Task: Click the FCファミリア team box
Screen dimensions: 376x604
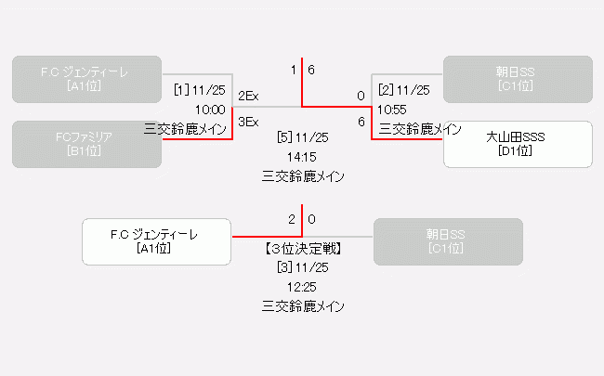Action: point(86,144)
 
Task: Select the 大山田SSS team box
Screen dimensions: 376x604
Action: point(518,144)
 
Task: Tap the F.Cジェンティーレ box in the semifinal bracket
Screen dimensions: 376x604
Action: point(86,79)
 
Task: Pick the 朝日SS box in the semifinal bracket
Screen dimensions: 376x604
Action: point(518,79)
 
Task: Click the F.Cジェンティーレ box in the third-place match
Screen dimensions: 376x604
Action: point(156,241)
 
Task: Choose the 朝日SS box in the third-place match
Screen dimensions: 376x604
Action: point(448,241)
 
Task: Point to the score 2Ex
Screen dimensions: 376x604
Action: point(248,96)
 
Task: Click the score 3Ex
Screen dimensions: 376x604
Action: point(248,122)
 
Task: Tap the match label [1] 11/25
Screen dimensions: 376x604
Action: point(200,90)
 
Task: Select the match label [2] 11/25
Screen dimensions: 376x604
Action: point(404,90)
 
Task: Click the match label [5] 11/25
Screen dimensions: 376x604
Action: point(303,137)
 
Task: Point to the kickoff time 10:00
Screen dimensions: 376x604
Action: point(210,110)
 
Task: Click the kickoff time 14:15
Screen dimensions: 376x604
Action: point(303,157)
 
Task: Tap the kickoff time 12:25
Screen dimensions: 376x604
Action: point(303,287)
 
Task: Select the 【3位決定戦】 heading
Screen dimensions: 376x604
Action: point(303,248)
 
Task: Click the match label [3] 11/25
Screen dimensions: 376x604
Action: point(303,267)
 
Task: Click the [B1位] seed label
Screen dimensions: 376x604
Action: point(86,151)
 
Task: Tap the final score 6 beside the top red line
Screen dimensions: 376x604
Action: point(311,70)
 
